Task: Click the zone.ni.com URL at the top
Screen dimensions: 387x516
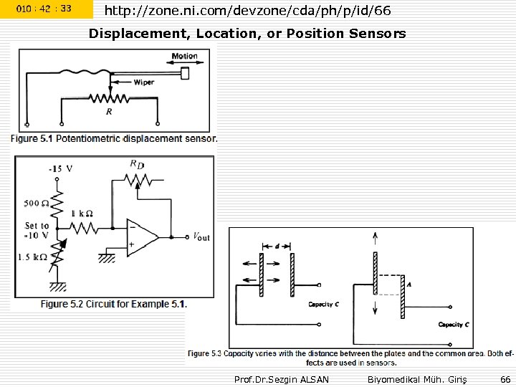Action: click(247, 10)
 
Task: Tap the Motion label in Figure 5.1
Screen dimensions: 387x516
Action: click(184, 57)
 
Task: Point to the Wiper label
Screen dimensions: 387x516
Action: click(143, 82)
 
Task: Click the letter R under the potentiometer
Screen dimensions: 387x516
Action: click(109, 112)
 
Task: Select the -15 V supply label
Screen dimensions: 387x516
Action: click(60, 168)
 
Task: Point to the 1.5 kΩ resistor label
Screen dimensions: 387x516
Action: click(35, 257)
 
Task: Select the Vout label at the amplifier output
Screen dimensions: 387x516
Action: click(201, 236)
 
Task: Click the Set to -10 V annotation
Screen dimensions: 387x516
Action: click(37, 231)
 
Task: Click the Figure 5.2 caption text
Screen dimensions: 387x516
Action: click(113, 304)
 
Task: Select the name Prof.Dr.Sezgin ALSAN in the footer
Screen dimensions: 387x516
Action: click(282, 378)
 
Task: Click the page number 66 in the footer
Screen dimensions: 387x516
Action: click(505, 378)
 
